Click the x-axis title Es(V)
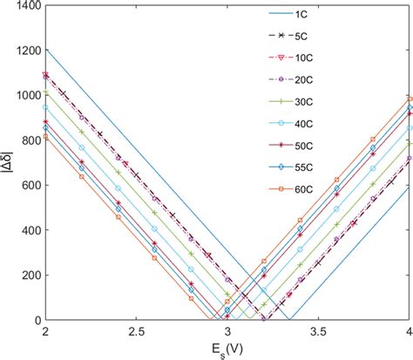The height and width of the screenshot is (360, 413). [226, 350]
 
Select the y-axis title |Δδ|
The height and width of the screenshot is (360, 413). [8, 162]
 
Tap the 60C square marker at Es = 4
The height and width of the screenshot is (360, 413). [410, 98]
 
